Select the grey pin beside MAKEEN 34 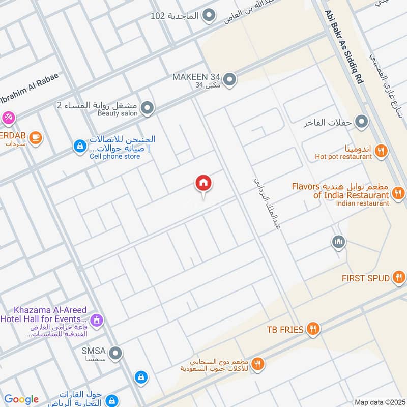click(230, 79)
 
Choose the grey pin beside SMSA click(116, 352)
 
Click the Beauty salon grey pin click(148, 108)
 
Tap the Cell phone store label click(114, 157)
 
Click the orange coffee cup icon click(35, 137)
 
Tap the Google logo click(21, 399)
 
